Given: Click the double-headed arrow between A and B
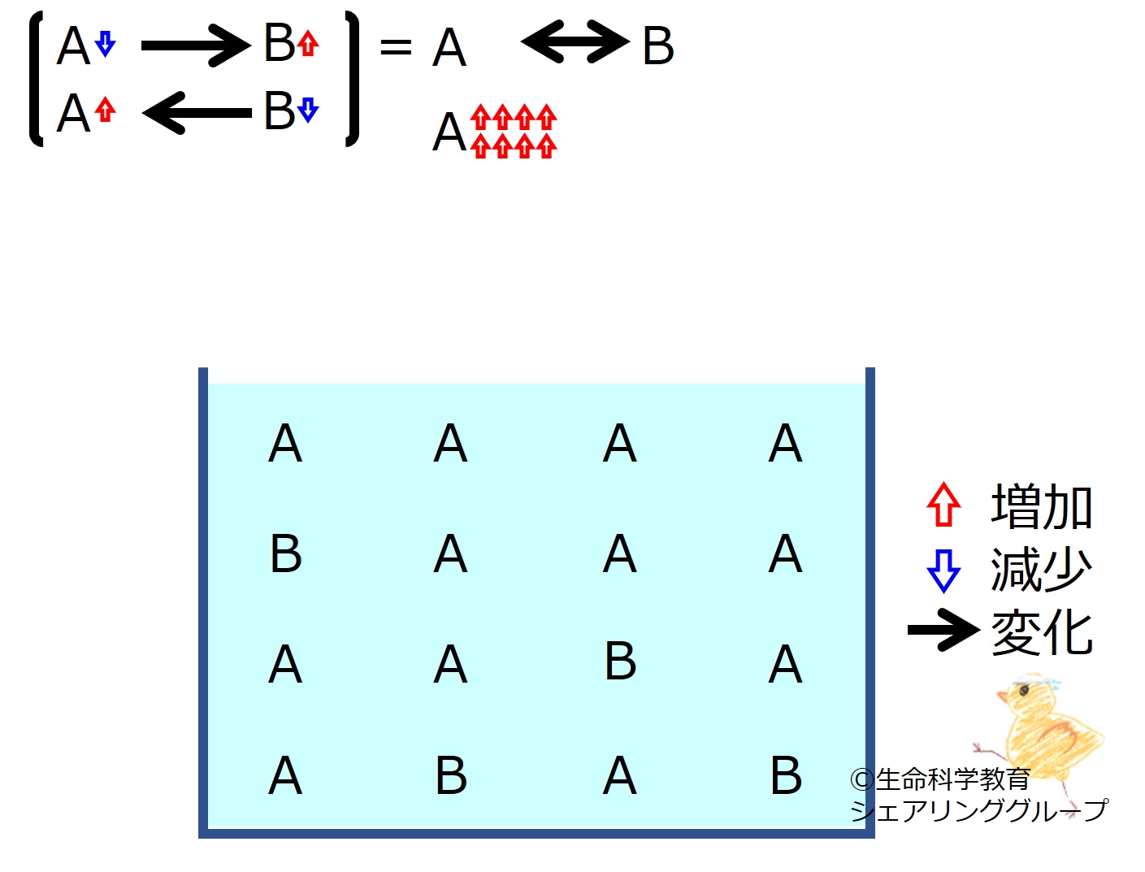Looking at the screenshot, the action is point(575,41).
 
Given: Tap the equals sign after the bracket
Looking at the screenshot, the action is point(396,47).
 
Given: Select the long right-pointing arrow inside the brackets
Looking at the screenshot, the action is point(196,46).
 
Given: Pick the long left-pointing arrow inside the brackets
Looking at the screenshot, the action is point(197,113).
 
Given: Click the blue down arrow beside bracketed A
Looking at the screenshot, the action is point(106,44).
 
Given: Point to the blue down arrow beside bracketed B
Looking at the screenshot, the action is point(308,110).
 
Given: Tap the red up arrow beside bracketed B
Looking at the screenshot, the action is point(308,43).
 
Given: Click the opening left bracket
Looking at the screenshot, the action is point(37,78).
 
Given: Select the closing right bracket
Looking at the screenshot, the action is point(353,78).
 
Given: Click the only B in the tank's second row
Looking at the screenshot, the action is point(286,554).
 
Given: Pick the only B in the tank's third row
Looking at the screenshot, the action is point(620,661).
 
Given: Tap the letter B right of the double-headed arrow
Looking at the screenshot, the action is point(658,46).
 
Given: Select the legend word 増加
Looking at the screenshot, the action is point(1041,506).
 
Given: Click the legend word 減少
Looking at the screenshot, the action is point(1041,570).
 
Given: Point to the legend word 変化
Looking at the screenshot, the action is point(1041,632).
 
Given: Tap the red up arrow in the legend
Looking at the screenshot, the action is point(943,504).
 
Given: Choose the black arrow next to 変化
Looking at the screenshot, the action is point(943,630).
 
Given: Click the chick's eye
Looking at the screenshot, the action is point(1024,691).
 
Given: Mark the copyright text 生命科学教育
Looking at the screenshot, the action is point(953,779).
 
